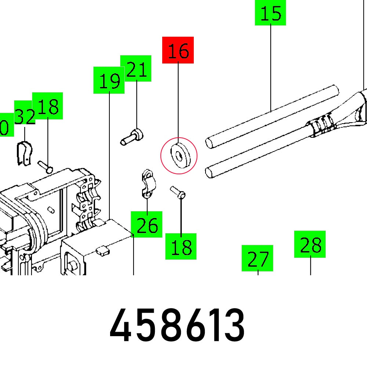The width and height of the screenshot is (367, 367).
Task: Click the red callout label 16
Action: pyautogui.click(x=178, y=50)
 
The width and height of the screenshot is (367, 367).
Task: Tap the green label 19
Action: pyautogui.click(x=109, y=80)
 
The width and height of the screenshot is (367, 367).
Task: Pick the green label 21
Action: pyautogui.click(x=136, y=69)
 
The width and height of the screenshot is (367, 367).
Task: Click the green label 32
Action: pyautogui.click(x=25, y=116)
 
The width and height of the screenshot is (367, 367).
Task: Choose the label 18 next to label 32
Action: pyautogui.click(x=48, y=106)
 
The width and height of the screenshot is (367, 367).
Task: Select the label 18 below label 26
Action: pyautogui.click(x=181, y=246)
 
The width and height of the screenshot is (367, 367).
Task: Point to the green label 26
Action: pyautogui.click(x=147, y=225)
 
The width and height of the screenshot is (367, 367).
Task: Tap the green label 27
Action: pyautogui.click(x=257, y=258)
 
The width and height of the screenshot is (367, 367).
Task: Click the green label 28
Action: pyautogui.click(x=310, y=244)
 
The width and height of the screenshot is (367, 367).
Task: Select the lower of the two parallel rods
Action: pyautogui.click(x=257, y=154)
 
